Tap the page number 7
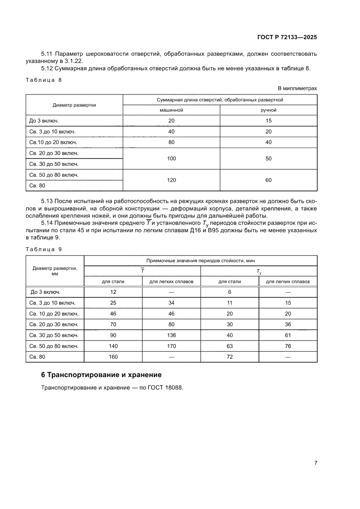click(315, 463)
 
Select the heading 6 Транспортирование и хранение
click(101, 374)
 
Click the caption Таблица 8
click(44, 80)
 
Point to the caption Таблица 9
click(44, 249)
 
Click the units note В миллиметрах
click(297, 88)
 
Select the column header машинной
click(172, 110)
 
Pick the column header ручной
click(268, 110)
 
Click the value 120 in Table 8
click(172, 180)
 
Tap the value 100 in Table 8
click(172, 158)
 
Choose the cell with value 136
click(172, 335)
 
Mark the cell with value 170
click(172, 346)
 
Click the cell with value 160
click(113, 357)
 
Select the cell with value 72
click(229, 357)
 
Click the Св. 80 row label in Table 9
click(37, 357)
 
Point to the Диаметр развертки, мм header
click(55, 271)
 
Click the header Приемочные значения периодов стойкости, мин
click(200, 260)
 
